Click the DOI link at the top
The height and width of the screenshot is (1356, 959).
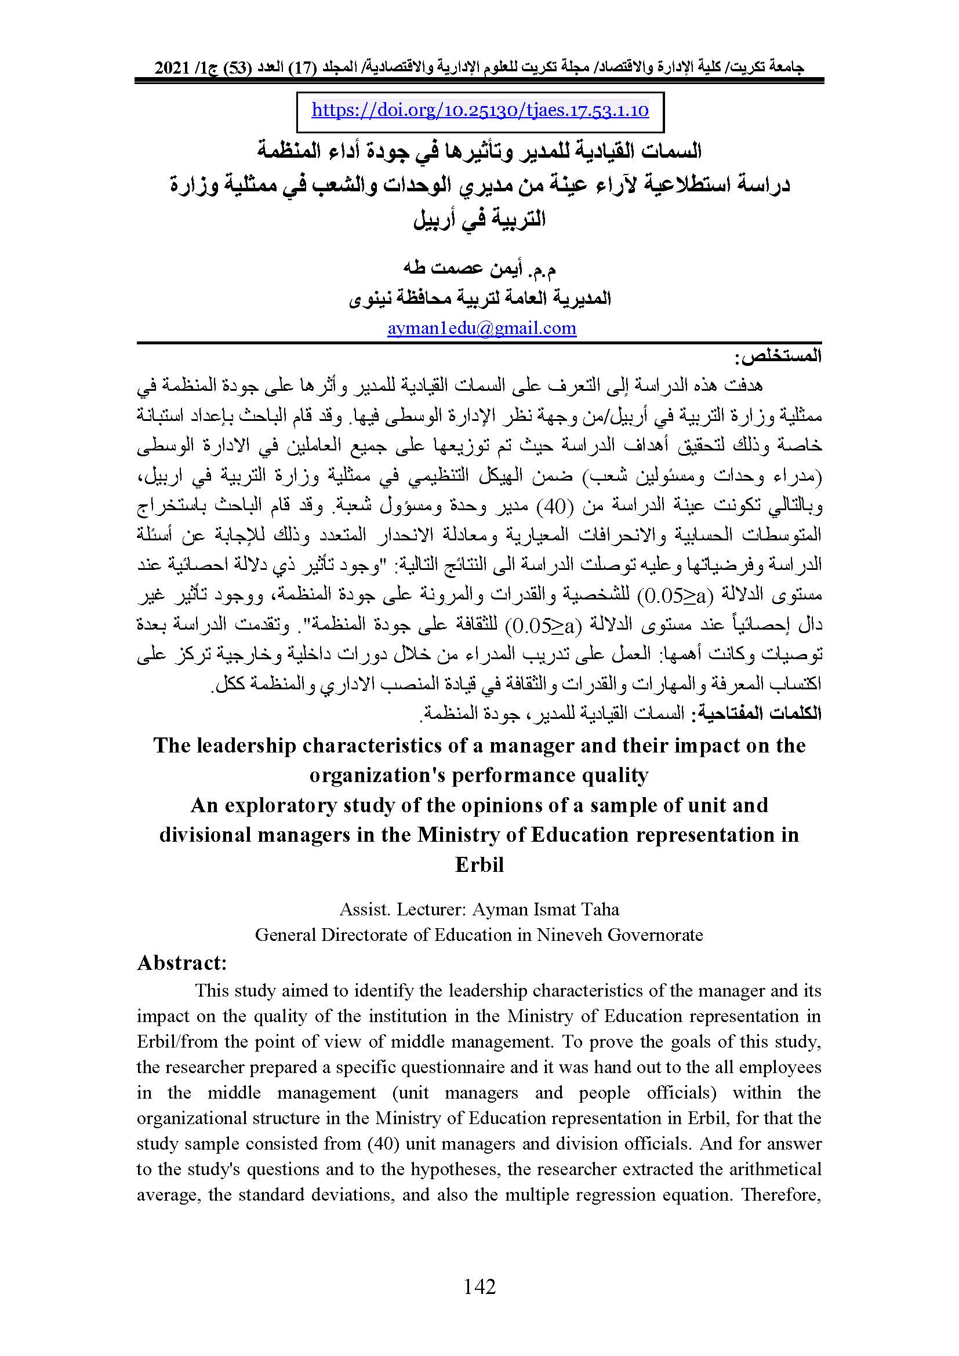point(479,111)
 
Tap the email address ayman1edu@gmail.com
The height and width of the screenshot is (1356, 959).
point(481,328)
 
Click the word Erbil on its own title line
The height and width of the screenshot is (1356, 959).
point(479,864)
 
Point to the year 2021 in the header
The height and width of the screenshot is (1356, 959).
point(172,68)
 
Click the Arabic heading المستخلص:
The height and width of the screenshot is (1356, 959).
point(778,357)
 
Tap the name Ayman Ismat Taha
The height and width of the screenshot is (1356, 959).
point(545,909)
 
